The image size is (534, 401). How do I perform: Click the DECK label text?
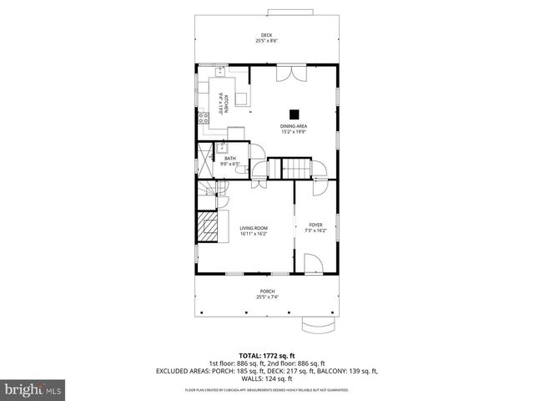click(266, 34)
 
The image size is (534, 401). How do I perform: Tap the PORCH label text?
click(266, 291)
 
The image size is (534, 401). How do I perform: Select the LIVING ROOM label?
click(254, 227)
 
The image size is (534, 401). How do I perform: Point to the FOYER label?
click(315, 224)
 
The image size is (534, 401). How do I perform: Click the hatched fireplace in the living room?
click(206, 225)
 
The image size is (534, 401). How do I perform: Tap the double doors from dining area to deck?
click(292, 72)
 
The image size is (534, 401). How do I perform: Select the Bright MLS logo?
click(33, 389)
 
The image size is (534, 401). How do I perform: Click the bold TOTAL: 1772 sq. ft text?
click(267, 354)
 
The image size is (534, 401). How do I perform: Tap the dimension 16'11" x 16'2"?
click(254, 233)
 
